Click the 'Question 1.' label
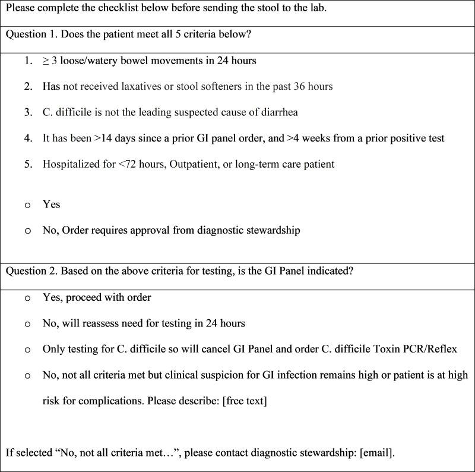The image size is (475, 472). pyautogui.click(x=30, y=34)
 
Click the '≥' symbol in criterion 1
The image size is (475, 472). pyautogui.click(x=46, y=61)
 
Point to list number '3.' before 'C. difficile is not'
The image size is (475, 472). pyautogui.click(x=28, y=112)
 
